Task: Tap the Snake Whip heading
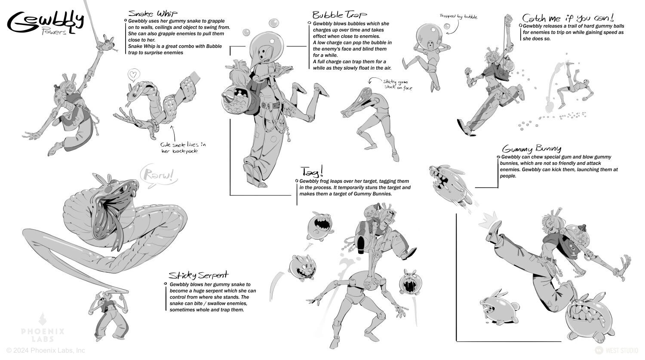coord(153,13)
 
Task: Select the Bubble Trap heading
coord(340,15)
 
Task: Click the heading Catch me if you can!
coord(568,18)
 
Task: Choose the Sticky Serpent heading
coord(198,275)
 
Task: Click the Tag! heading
coord(312,172)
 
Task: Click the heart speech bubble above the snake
coord(133,75)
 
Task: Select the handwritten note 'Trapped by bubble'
coord(458,17)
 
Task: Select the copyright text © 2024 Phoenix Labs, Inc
coord(46,351)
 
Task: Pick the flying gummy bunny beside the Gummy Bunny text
coord(449,185)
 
